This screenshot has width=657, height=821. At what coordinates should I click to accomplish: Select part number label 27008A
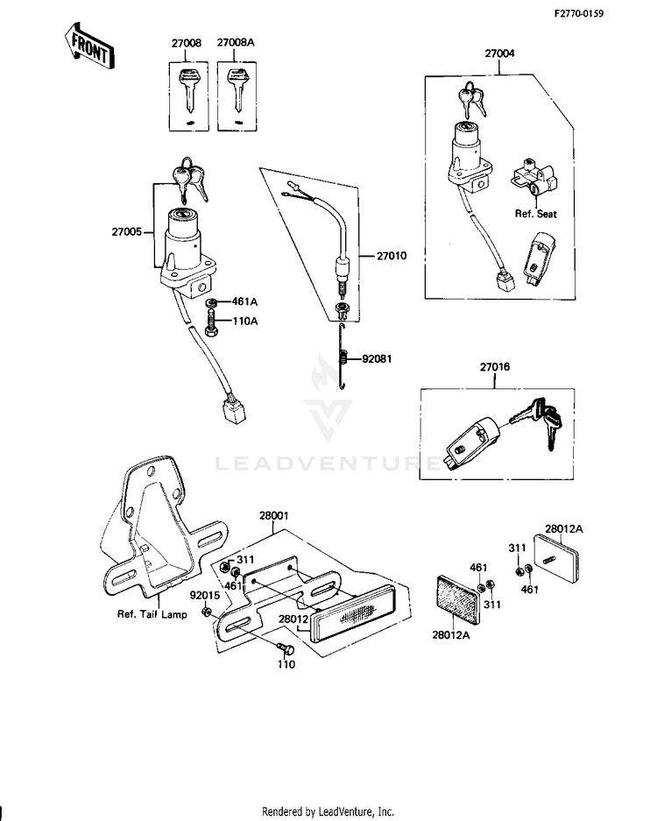(x=234, y=42)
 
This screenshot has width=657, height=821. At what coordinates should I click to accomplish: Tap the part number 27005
(x=127, y=232)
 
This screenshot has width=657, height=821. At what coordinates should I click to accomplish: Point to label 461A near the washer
(x=244, y=301)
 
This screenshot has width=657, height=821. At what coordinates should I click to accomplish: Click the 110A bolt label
(x=244, y=321)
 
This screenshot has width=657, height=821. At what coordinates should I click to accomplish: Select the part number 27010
(x=393, y=255)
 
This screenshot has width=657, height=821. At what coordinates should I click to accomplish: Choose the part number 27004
(x=499, y=53)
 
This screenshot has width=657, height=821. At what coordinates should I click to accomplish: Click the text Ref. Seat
(x=535, y=213)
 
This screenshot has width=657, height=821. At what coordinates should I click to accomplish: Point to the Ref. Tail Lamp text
(x=152, y=614)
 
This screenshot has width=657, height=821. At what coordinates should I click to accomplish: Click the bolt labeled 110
(x=283, y=649)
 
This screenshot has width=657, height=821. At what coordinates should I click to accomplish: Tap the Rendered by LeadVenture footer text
(x=328, y=810)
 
